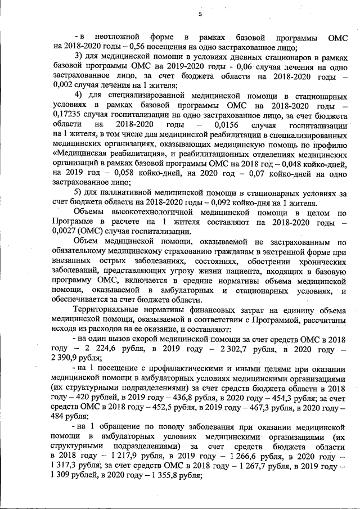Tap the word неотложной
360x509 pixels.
pyautogui.click(x=116, y=37)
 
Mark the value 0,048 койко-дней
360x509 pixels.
pyautogui.click(x=295, y=162)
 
